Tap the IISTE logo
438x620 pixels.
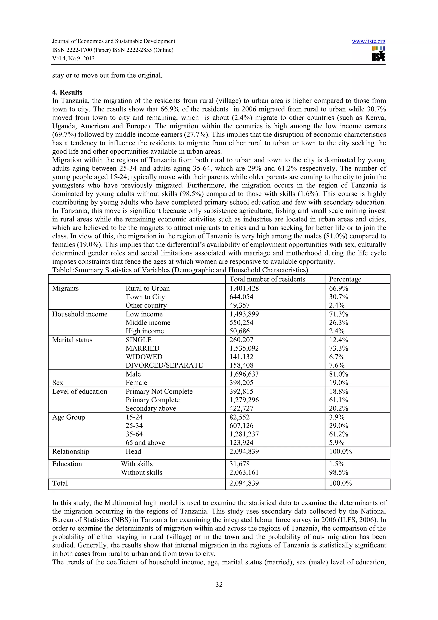pos(378,54)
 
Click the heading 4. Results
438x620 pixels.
pos(67,92)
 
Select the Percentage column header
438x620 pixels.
pos(345,279)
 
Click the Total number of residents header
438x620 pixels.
pos(267,279)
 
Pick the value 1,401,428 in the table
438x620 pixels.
pos(244,288)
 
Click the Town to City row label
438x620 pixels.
pos(145,297)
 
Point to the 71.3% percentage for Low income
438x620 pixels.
pos(338,314)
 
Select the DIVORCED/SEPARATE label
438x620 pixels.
pos(164,365)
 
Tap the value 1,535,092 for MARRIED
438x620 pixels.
pos(244,348)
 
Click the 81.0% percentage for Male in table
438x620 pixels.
pos(338,374)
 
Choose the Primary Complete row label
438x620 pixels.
pos(152,400)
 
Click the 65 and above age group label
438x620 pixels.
pos(145,443)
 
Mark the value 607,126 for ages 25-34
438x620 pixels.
pos(241,426)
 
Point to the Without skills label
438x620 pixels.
pos(141,472)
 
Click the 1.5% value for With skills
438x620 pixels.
pos(337,464)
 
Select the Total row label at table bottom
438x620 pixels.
pos(60,483)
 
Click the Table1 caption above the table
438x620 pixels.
pos(180,270)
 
